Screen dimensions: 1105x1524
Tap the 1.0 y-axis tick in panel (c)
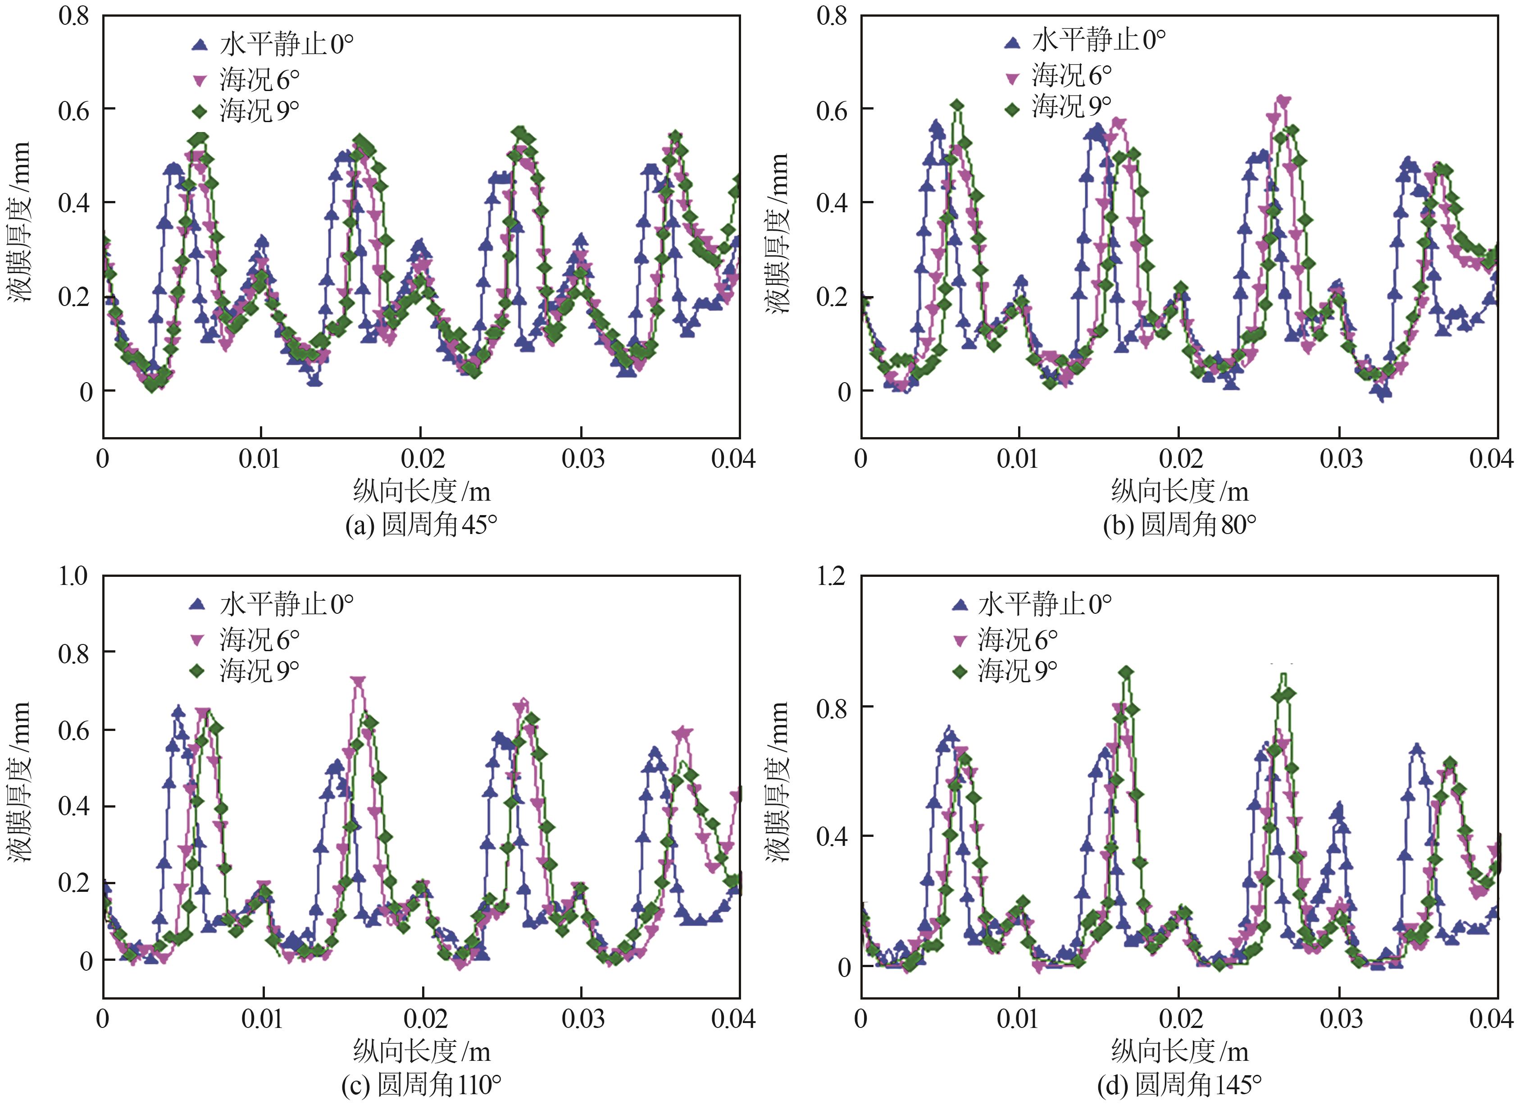pyautogui.click(x=73, y=576)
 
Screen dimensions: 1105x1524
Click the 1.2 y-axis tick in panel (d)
pyautogui.click(x=831, y=576)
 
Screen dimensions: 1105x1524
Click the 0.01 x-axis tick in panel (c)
pyautogui.click(x=262, y=1019)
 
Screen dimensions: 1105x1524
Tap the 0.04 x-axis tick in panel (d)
pyautogui.click(x=1491, y=1019)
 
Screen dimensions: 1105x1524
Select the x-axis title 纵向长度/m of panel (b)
pyautogui.click(x=1179, y=491)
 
